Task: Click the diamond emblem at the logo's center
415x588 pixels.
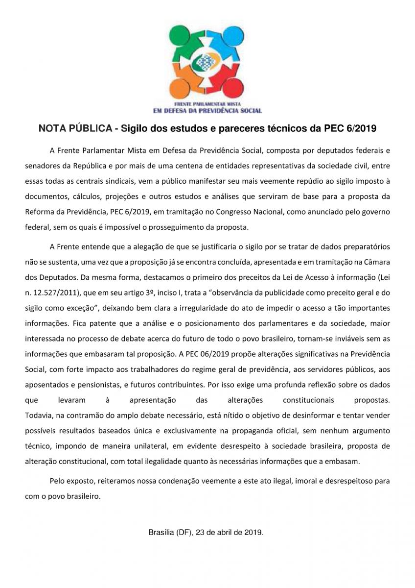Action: pos(207,61)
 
